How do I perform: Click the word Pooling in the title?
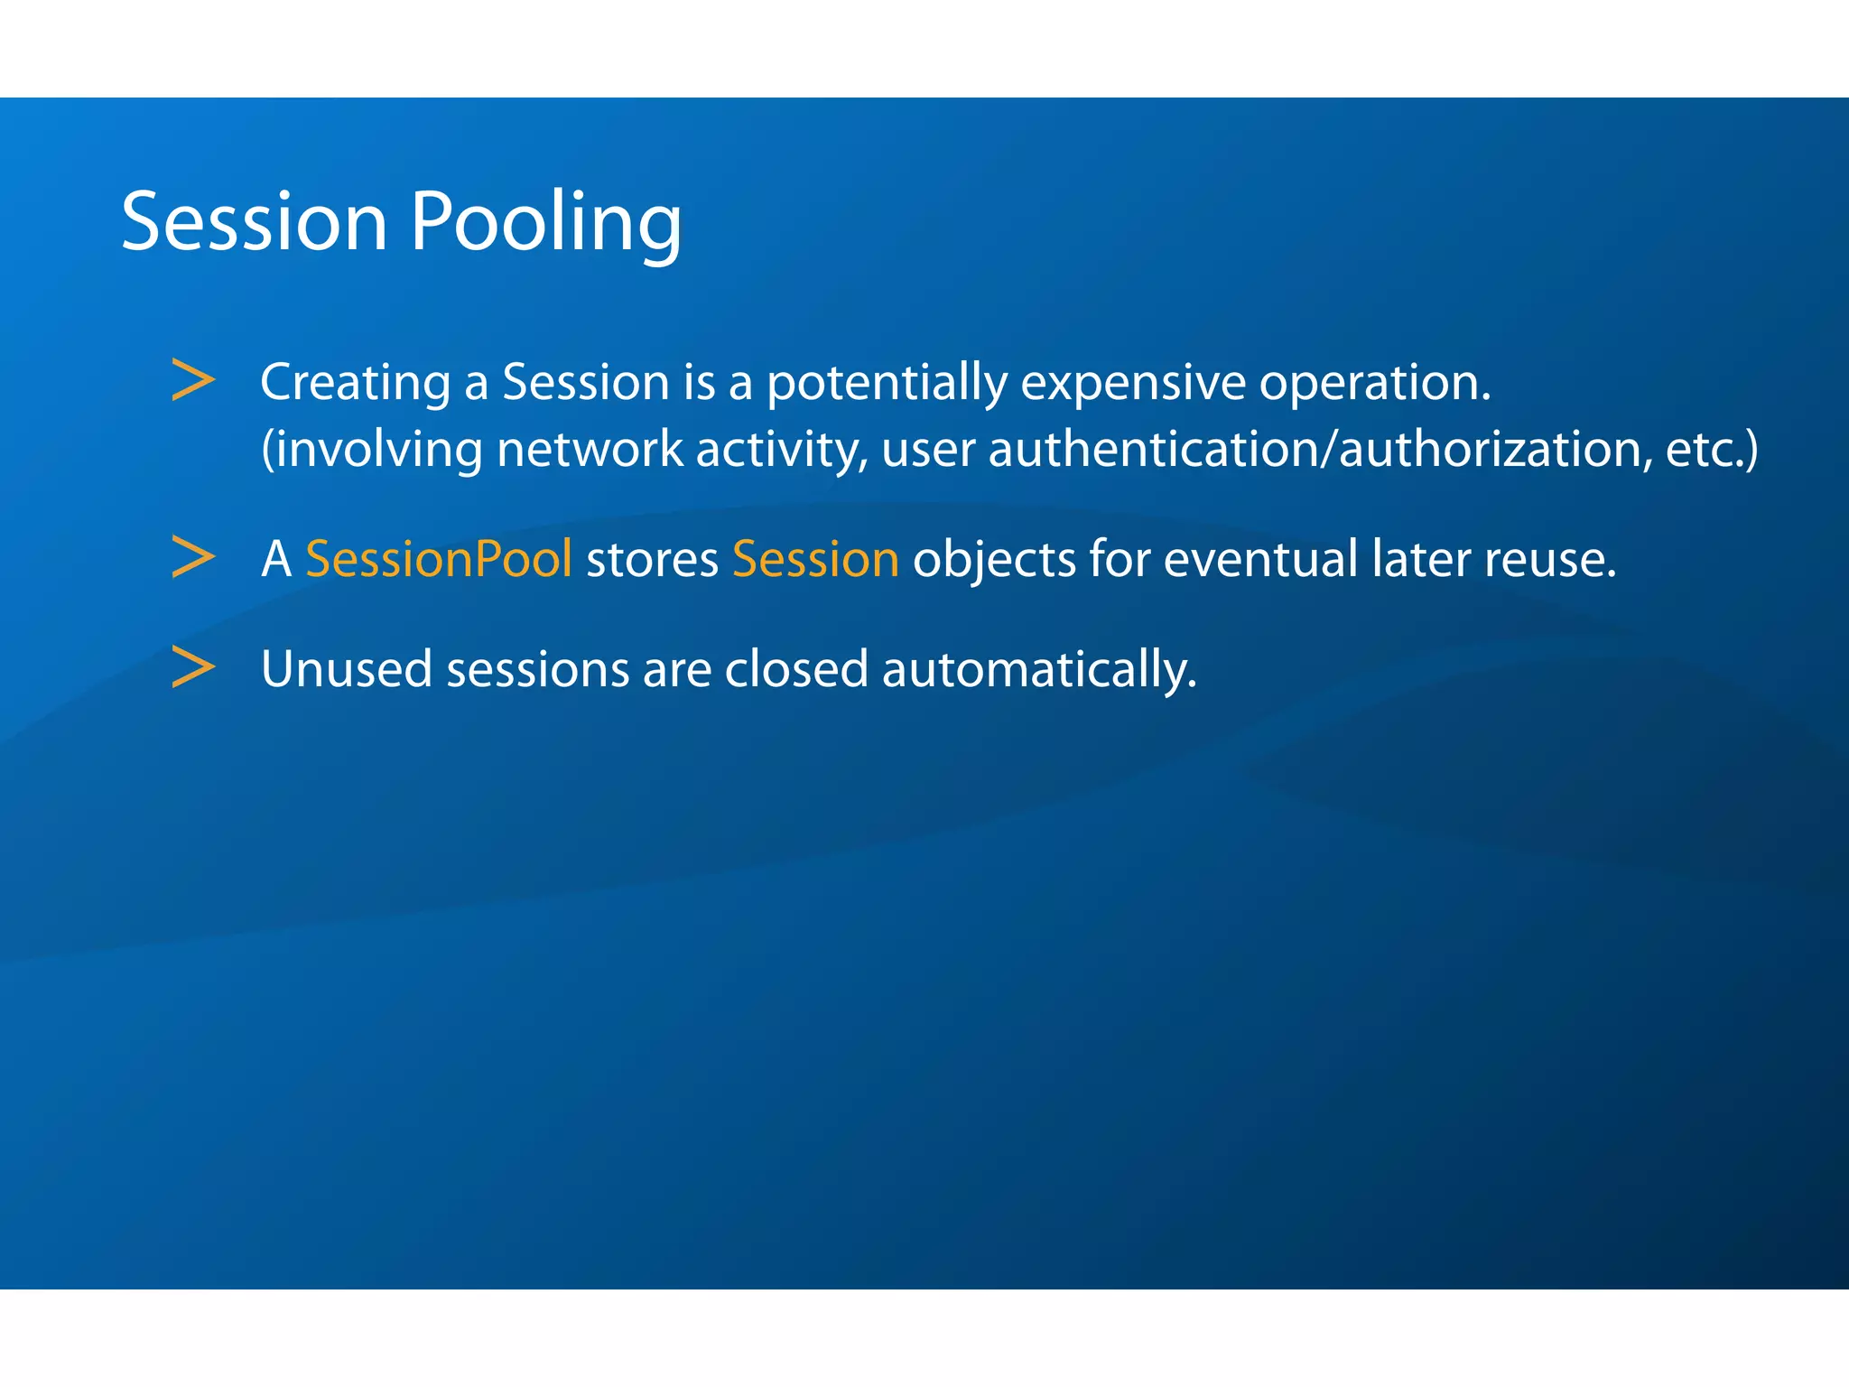click(545, 222)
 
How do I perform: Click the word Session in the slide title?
click(254, 222)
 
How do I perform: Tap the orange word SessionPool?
click(439, 559)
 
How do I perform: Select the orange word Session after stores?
click(815, 559)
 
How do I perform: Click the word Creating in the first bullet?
click(355, 383)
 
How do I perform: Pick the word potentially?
click(887, 383)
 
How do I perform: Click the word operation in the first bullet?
click(1374, 383)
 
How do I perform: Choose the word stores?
click(652, 559)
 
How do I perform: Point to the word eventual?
click(1260, 559)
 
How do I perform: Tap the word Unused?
click(347, 670)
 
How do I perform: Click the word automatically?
click(1038, 670)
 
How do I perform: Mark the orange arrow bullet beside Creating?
click(193, 380)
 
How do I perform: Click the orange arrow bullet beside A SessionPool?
click(193, 557)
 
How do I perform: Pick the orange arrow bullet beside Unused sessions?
click(193, 668)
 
